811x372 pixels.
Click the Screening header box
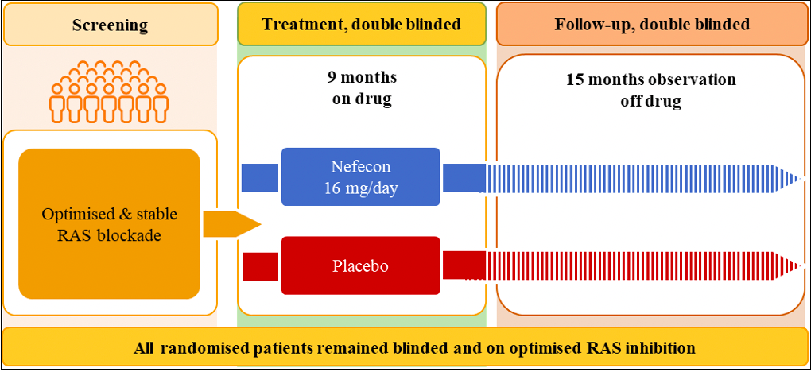tap(111, 25)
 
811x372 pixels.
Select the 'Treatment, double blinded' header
tap(362, 25)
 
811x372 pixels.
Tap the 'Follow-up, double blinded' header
tap(651, 25)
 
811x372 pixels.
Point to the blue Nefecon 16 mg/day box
tap(360, 176)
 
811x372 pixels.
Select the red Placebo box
tap(360, 265)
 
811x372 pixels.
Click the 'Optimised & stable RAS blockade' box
tap(109, 223)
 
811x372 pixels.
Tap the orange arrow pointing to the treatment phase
tap(231, 224)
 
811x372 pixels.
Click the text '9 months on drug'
tap(362, 88)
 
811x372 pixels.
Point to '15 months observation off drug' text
tap(651, 91)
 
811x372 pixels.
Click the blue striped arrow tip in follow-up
tap(791, 176)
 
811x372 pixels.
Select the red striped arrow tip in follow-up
tap(791, 265)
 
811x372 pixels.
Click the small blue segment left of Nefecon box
tap(255, 176)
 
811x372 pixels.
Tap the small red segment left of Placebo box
tap(255, 265)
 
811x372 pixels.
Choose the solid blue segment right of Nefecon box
tap(464, 176)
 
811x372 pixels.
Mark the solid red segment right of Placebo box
tap(464, 265)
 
